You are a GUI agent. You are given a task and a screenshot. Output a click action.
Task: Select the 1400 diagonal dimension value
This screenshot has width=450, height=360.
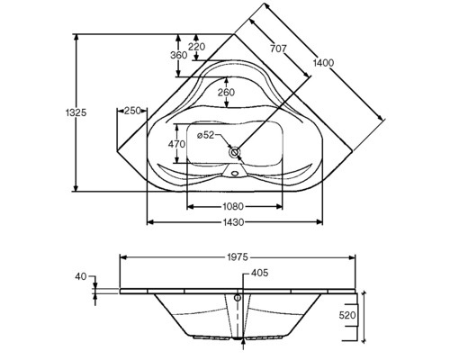click(324, 64)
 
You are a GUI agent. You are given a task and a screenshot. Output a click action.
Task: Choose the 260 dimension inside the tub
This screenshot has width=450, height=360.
click(226, 93)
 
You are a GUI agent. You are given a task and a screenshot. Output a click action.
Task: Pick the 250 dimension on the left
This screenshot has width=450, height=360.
click(132, 111)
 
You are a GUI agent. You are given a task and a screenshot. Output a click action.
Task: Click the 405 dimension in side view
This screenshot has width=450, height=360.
click(259, 273)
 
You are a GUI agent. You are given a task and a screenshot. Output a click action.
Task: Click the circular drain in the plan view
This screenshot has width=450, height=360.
click(236, 153)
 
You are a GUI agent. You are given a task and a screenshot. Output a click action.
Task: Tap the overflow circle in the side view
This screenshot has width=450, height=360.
click(238, 297)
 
